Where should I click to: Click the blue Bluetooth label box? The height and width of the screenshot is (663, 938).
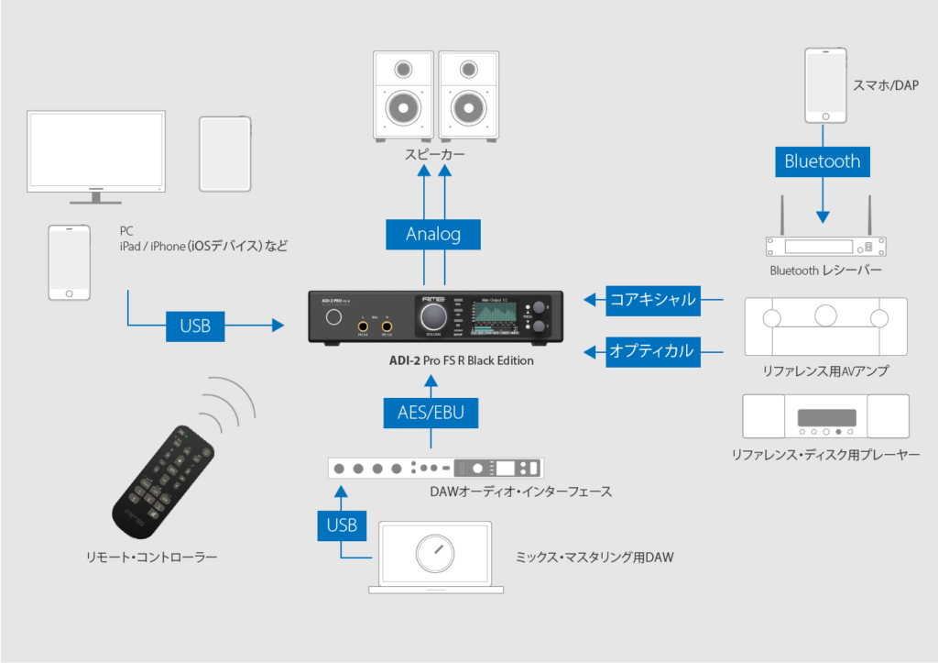point(822,161)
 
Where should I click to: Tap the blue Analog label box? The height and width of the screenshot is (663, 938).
point(433,234)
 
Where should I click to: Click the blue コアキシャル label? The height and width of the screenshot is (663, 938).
point(653,299)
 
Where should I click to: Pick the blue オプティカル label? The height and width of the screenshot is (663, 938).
point(653,350)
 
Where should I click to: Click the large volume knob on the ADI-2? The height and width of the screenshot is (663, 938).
point(433,316)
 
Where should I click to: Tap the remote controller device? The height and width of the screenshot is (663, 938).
point(163,481)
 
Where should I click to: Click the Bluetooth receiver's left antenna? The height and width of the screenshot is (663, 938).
point(780,216)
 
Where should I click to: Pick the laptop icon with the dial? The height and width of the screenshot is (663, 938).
point(436,555)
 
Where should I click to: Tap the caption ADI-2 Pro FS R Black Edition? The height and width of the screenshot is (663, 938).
point(461,360)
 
